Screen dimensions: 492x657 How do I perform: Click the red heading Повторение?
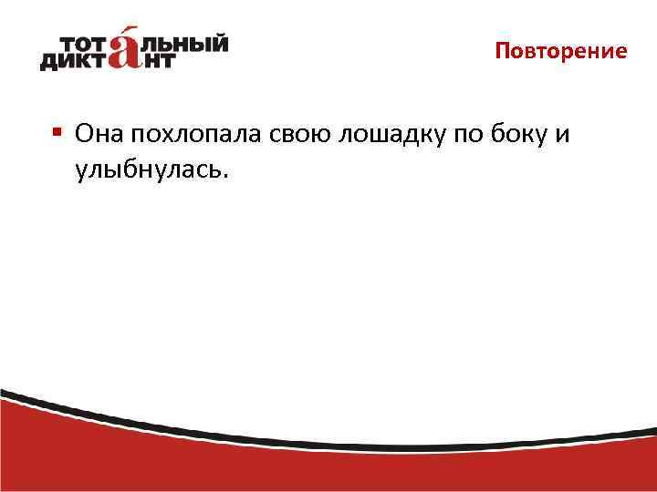[561, 51]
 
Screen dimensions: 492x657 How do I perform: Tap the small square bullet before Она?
[57, 132]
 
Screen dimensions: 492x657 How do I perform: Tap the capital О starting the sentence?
[85, 135]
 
